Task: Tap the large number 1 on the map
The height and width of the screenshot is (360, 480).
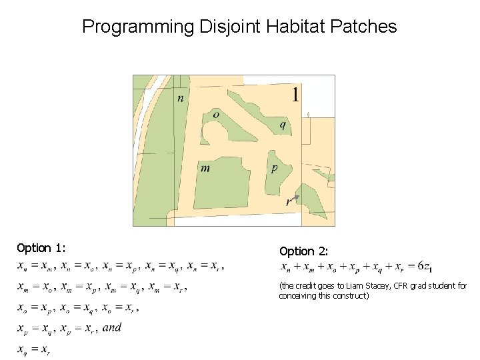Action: click(295, 95)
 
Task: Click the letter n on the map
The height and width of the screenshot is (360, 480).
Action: click(180, 99)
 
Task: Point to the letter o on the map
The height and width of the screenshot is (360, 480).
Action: click(216, 115)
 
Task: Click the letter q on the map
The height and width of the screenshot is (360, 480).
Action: click(283, 124)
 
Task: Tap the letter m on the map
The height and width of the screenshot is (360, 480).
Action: click(205, 168)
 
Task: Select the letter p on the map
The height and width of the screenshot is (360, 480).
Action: click(274, 168)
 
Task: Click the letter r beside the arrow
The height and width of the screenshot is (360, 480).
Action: click(288, 201)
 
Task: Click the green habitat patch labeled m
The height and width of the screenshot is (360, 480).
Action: click(220, 187)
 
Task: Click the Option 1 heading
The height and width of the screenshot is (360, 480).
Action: click(41, 248)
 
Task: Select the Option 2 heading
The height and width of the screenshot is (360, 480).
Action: click(304, 251)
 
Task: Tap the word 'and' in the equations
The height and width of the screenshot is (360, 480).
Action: click(112, 327)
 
